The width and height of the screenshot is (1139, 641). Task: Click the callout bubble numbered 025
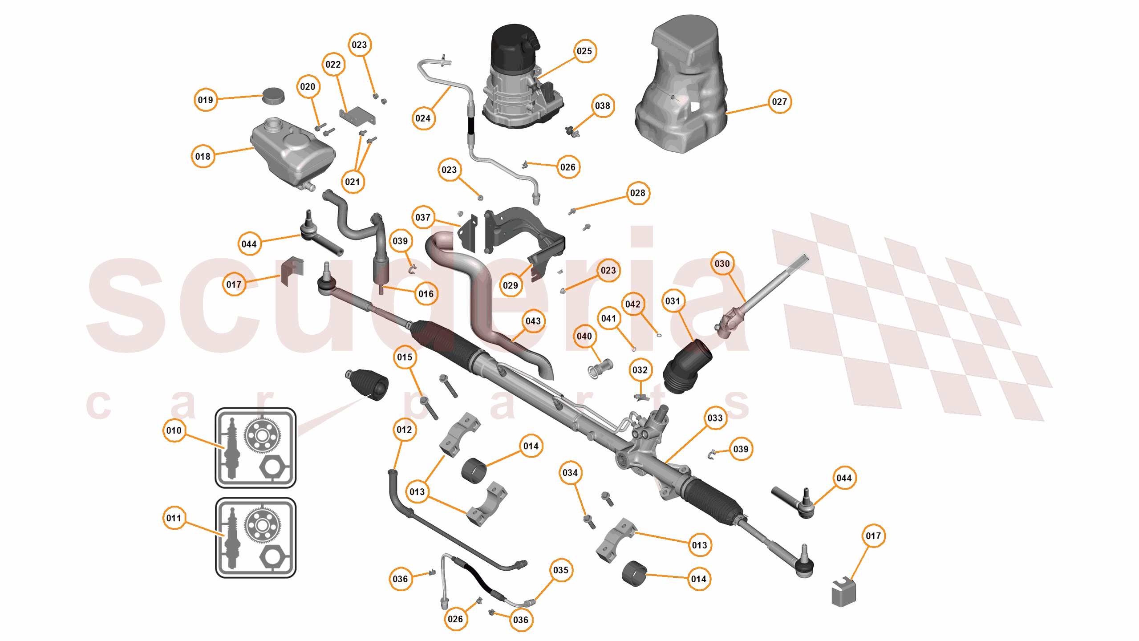coord(584,51)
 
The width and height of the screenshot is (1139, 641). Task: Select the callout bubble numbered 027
coord(779,102)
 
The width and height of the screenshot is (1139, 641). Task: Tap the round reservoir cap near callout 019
coord(273,96)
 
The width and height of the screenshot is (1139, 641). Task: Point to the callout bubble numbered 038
coord(602,106)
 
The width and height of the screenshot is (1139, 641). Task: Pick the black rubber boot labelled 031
coord(686,367)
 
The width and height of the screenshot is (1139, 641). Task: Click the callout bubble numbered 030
coord(722,264)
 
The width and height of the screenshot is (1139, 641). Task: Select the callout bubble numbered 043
coord(532,321)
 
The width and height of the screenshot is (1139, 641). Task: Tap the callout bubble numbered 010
coord(174,430)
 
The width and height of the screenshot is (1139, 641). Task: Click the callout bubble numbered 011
coord(174,518)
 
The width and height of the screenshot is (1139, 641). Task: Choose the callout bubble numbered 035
coord(560,570)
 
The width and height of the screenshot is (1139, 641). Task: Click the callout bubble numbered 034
coord(570,473)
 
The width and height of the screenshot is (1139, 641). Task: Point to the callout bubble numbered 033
coord(715,418)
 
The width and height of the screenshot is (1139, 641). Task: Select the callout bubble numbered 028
coord(637,193)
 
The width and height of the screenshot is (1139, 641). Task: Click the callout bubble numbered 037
coord(422,218)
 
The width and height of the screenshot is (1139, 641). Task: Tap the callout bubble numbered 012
coord(404,430)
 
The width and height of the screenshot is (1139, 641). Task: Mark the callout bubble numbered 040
coord(584,337)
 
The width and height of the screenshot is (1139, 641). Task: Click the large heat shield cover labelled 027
coord(681,89)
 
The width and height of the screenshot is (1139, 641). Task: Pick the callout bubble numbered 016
coord(426,294)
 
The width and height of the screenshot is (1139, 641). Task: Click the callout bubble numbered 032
coord(640,370)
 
